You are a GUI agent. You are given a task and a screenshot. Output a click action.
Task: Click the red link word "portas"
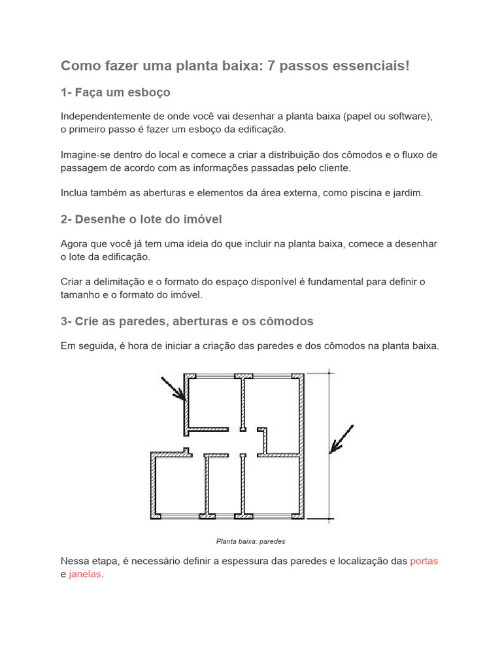(424, 561)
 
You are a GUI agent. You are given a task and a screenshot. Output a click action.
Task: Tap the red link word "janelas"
(86, 574)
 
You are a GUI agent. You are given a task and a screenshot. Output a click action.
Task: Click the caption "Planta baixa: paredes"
(251, 541)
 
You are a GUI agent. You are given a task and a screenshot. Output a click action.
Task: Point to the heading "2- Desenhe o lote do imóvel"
(146, 219)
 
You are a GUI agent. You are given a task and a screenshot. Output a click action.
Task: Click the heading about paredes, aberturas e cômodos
(187, 321)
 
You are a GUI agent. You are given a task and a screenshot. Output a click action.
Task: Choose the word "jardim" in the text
(408, 193)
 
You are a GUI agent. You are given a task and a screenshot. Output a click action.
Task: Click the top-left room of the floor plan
(214, 402)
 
